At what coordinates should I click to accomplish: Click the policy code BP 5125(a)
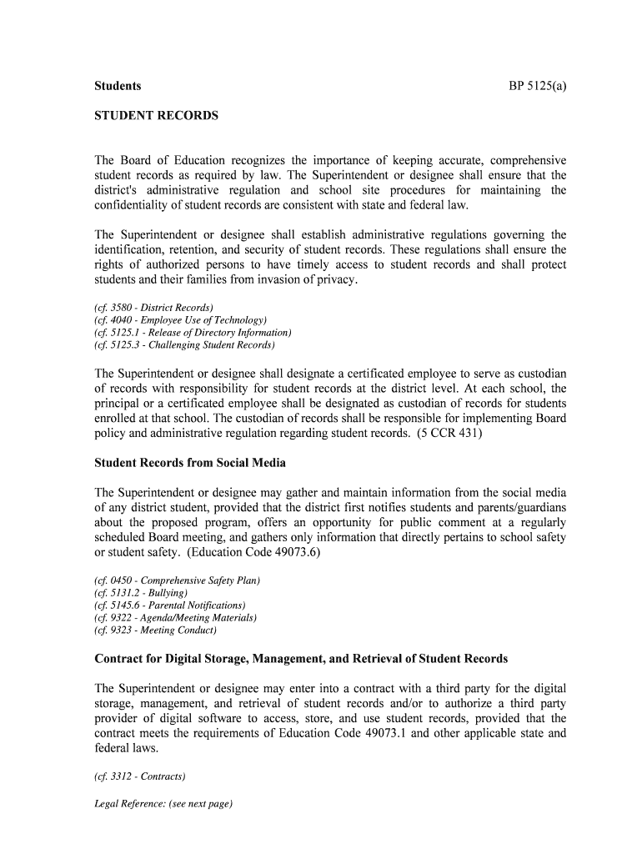(x=537, y=86)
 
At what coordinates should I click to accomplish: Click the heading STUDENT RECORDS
(x=157, y=116)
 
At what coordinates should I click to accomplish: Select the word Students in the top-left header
(x=118, y=86)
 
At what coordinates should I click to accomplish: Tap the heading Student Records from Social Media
(x=190, y=462)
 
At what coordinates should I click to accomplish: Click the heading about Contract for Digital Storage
(x=301, y=659)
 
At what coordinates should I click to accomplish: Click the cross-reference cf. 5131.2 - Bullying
(x=136, y=592)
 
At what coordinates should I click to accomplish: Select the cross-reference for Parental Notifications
(x=170, y=605)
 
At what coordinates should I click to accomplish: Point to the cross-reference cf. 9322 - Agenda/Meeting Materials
(x=176, y=617)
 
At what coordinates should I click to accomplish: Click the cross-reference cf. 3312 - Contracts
(x=140, y=776)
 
